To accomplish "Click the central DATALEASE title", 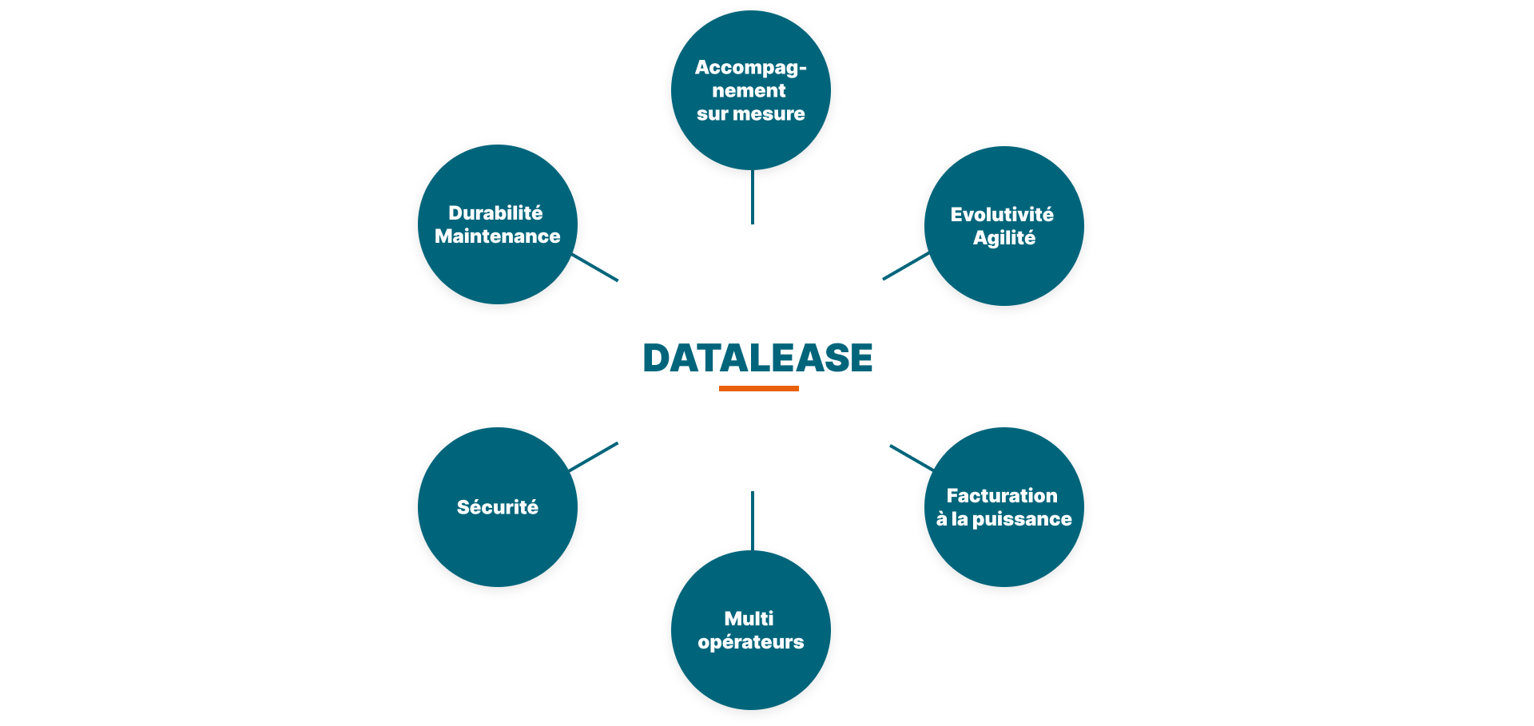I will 757,358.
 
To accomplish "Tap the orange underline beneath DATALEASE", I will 758,388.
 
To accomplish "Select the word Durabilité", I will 495,212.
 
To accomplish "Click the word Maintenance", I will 497,236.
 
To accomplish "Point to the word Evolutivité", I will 1002,214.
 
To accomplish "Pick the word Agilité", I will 1003,238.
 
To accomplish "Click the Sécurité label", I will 497,507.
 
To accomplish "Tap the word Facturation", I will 1002,495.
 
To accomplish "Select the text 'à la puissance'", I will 1003,519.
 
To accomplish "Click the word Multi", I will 749,618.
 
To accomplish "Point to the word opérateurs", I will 750,642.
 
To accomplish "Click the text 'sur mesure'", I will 750,114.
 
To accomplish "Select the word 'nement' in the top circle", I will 749,91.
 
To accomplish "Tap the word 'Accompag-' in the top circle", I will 750,68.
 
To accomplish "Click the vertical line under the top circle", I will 752,197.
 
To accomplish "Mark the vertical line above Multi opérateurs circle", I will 752,521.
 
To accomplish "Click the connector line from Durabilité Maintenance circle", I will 596,268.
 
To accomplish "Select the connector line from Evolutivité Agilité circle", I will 905,266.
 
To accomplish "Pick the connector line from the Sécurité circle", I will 594,457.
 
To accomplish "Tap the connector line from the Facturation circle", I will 912,458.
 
